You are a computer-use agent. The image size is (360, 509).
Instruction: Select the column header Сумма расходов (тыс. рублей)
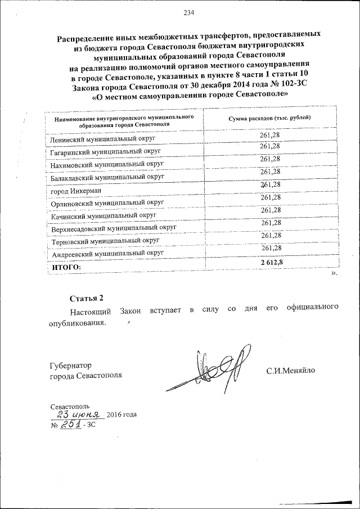(x=269, y=119)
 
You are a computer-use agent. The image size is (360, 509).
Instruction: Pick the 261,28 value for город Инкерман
(x=271, y=184)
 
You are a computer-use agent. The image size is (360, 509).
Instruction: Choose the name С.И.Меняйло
(x=291, y=370)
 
